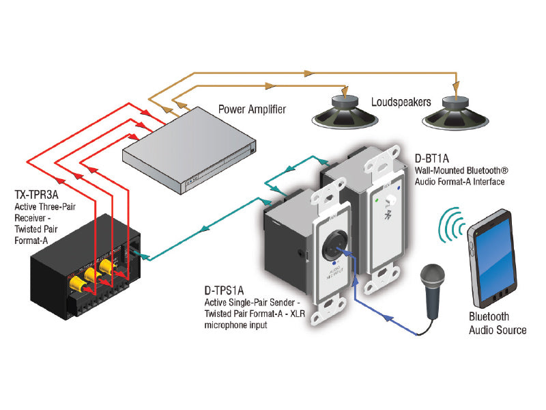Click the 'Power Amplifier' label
(252, 109)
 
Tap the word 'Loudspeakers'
(401, 102)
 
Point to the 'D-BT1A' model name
(432, 158)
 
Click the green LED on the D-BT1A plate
(376, 202)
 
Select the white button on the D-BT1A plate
(392, 202)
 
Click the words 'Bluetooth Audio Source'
(497, 323)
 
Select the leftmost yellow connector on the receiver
(74, 281)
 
